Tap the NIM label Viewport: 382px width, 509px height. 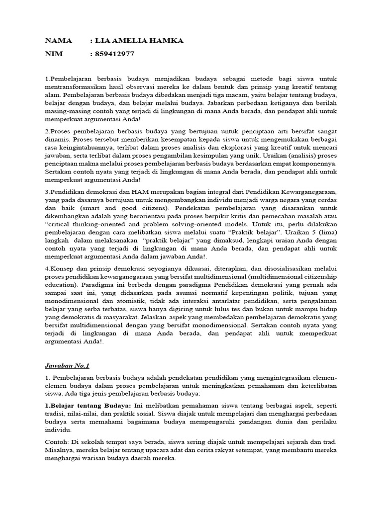tap(54, 54)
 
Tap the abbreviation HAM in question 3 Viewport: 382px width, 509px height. tap(138, 192)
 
